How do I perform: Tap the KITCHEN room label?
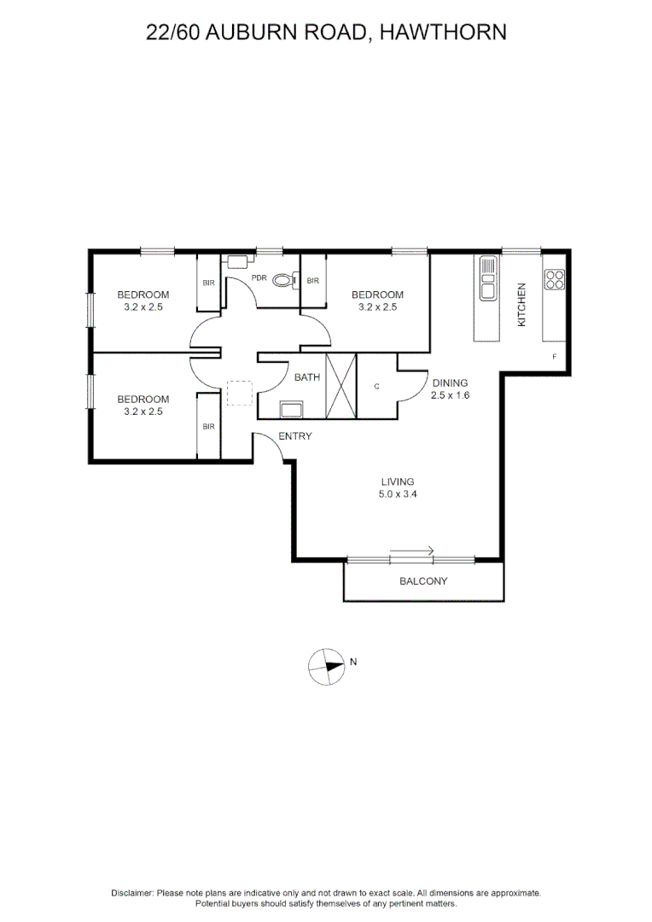pyautogui.click(x=522, y=305)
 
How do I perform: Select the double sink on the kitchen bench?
pyautogui.click(x=487, y=278)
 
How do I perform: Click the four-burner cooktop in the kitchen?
pyautogui.click(x=555, y=278)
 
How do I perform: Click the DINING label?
pyautogui.click(x=451, y=383)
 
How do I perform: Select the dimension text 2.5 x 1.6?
pyautogui.click(x=451, y=396)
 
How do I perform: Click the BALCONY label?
pyautogui.click(x=423, y=582)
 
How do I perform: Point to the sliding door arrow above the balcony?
pyautogui.click(x=412, y=551)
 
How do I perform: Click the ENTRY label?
pyautogui.click(x=294, y=436)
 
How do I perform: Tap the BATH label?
pyautogui.click(x=307, y=376)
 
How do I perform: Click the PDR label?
pyautogui.click(x=259, y=278)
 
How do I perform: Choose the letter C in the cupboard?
pyautogui.click(x=376, y=386)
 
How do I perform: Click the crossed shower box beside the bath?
pyautogui.click(x=341, y=386)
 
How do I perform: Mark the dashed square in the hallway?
pyautogui.click(x=240, y=393)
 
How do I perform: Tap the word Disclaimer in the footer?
pyautogui.click(x=131, y=892)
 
